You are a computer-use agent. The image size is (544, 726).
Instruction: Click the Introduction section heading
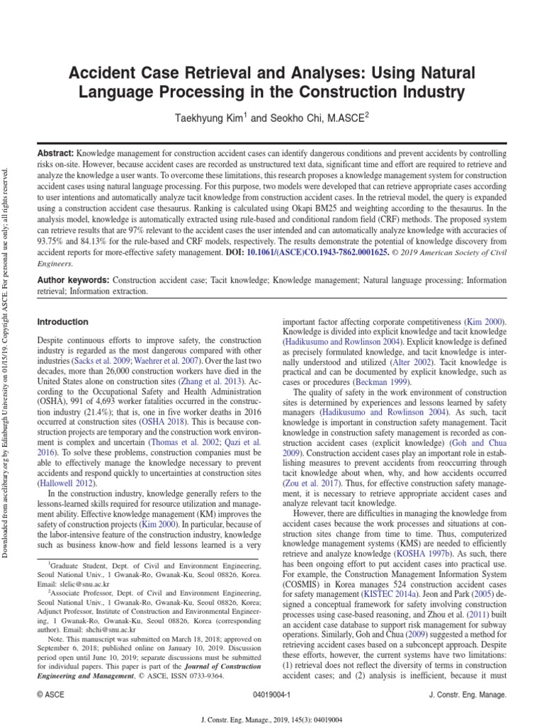[x=62, y=322]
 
